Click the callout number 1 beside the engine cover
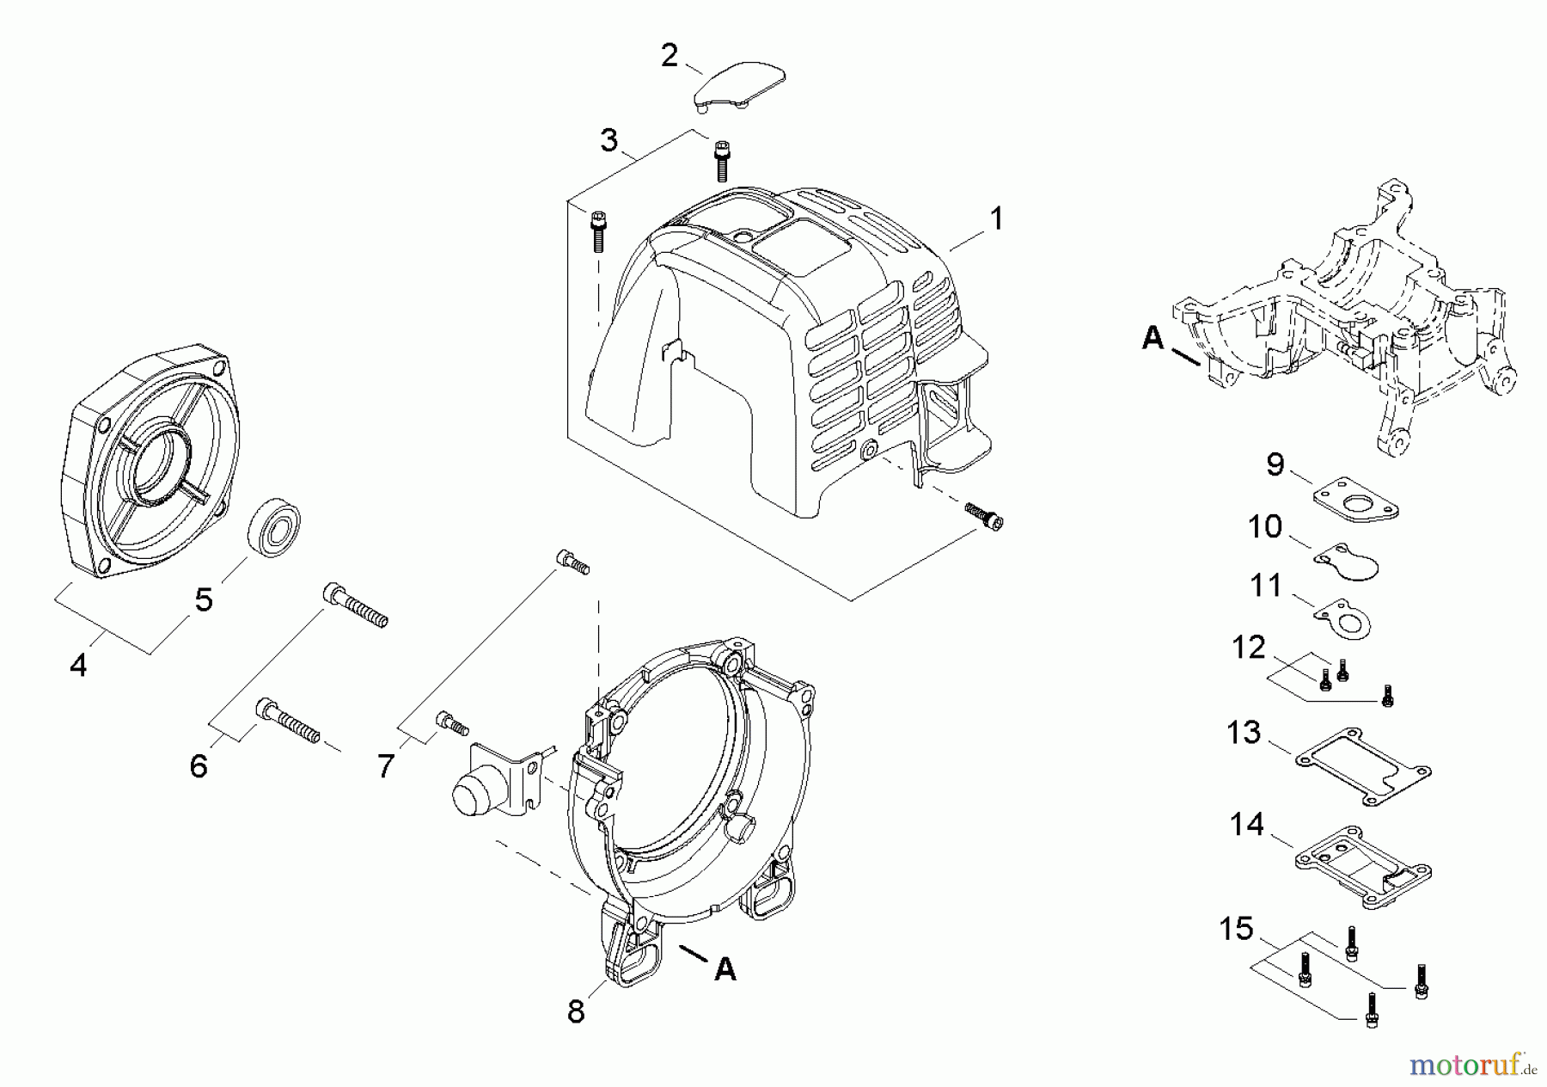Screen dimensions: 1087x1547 pyautogui.click(x=995, y=219)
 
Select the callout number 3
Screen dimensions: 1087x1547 pyautogui.click(x=608, y=140)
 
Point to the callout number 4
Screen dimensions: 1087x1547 pyautogui.click(x=78, y=664)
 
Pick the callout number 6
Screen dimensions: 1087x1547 pyautogui.click(x=199, y=765)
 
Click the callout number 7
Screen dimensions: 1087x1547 pyautogui.click(x=385, y=765)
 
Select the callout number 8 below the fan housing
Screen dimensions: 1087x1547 pyautogui.click(x=576, y=1011)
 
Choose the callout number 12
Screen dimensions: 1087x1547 pyautogui.click(x=1249, y=648)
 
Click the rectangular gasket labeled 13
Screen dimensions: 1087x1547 pyautogui.click(x=1362, y=766)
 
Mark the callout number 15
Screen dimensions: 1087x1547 pyautogui.click(x=1237, y=929)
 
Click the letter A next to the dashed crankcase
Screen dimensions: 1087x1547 pyautogui.click(x=1153, y=340)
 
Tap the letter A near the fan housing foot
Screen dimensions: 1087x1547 pyautogui.click(x=725, y=969)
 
